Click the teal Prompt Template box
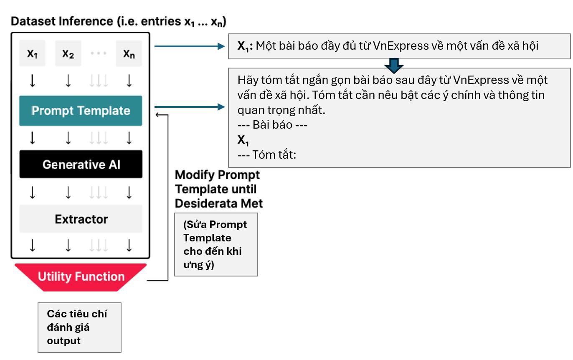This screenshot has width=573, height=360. [81, 111]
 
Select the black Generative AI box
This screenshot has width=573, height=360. [81, 164]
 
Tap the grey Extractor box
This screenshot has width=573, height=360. [81, 219]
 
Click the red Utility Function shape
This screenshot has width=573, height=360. [81, 276]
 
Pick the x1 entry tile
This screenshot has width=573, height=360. [32, 53]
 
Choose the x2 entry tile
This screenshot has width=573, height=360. [68, 53]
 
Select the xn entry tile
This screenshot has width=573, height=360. [129, 53]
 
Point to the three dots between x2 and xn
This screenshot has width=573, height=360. [99, 53]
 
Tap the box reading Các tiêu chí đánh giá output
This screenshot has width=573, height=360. [79, 327]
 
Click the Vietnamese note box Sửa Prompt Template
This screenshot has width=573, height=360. [216, 244]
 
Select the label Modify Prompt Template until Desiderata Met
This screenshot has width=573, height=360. [218, 189]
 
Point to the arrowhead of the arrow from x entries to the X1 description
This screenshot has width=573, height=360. [221, 46]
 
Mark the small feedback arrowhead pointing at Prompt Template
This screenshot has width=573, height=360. [157, 115]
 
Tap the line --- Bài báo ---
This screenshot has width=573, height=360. [272, 125]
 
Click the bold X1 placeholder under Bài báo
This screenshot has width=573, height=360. [243, 140]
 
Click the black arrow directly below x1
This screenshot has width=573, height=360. [32, 81]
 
